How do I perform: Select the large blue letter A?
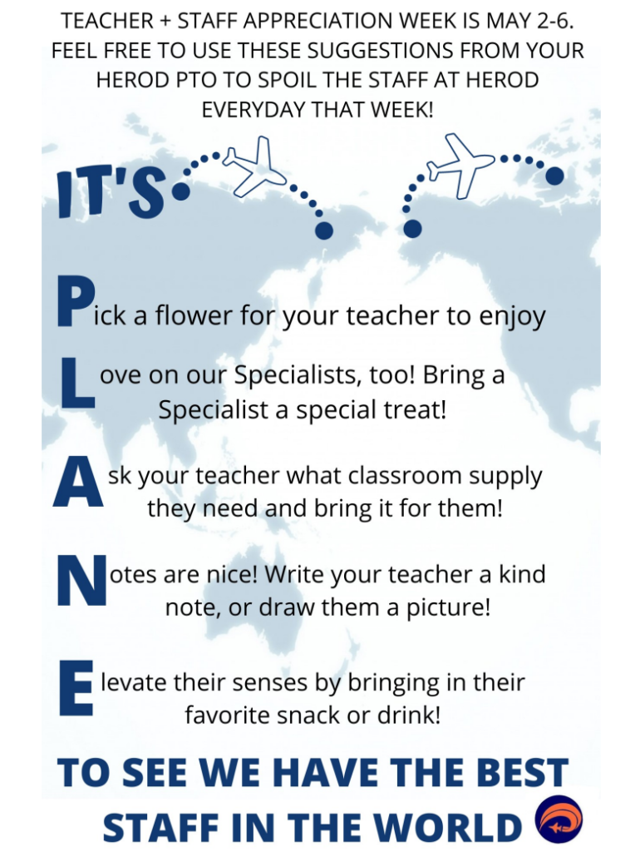tap(78, 481)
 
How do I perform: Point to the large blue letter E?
tap(76, 686)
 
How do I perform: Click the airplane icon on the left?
tap(254, 166)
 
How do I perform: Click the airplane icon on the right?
tap(460, 165)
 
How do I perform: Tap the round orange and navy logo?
tap(559, 820)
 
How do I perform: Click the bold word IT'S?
tap(111, 193)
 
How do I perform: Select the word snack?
tap(308, 715)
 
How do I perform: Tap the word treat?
tap(414, 409)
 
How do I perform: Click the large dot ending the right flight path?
tap(554, 176)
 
